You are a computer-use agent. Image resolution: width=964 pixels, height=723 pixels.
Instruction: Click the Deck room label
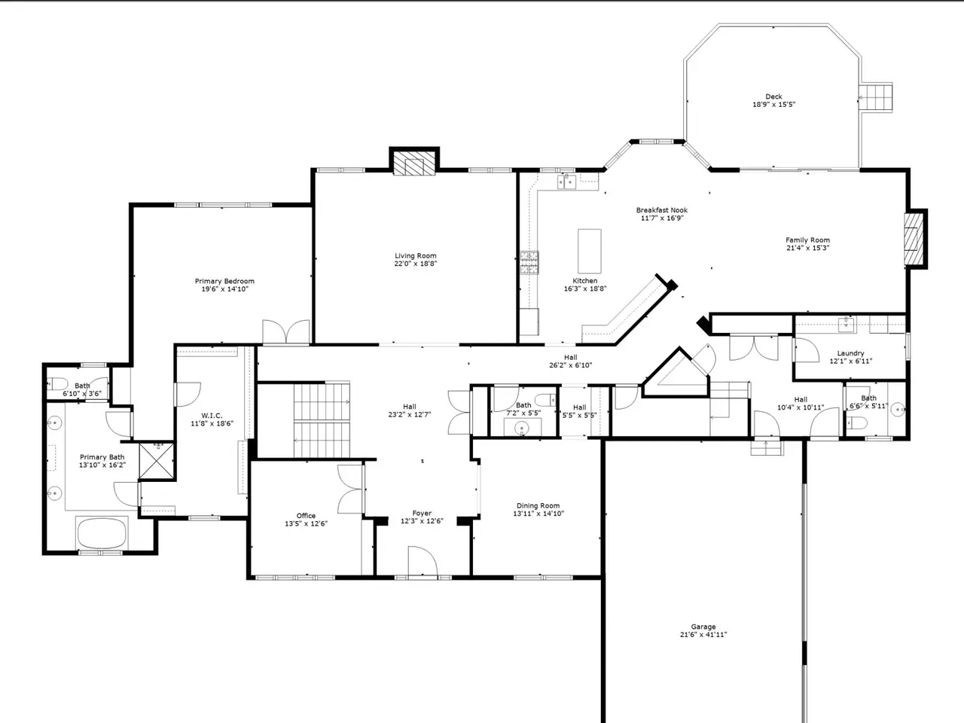coord(773,96)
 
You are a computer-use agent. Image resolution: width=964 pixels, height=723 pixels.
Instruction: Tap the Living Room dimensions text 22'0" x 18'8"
coord(415,264)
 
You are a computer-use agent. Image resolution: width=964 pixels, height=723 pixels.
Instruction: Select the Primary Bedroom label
coord(224,281)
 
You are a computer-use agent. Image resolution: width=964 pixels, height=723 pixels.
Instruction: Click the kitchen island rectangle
coord(590,251)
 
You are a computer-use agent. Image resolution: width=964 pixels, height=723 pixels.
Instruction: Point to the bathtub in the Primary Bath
coord(102,532)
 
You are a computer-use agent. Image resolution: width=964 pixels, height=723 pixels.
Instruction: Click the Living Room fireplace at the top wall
coord(414,163)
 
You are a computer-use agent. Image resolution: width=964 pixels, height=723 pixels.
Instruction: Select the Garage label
coord(703,627)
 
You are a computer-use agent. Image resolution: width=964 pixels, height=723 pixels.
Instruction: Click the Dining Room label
coord(538,505)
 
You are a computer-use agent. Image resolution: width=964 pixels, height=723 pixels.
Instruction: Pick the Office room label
coord(306,516)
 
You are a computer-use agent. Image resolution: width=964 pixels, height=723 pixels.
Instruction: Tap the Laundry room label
coord(850,353)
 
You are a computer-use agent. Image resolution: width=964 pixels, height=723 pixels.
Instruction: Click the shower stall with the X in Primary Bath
coord(157,461)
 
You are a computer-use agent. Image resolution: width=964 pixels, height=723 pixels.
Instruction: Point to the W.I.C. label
coord(212,416)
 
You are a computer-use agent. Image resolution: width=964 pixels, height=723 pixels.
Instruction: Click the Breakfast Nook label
coord(662,210)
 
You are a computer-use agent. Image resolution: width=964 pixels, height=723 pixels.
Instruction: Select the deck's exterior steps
coord(876,97)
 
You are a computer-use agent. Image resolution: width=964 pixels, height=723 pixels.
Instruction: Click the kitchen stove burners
coord(529,263)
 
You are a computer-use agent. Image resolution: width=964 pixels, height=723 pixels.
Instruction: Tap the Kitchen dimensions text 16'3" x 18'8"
coord(585,288)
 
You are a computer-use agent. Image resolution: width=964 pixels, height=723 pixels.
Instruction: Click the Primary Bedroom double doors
coord(286,332)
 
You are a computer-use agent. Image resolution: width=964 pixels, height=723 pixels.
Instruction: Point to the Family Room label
coord(807,240)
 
